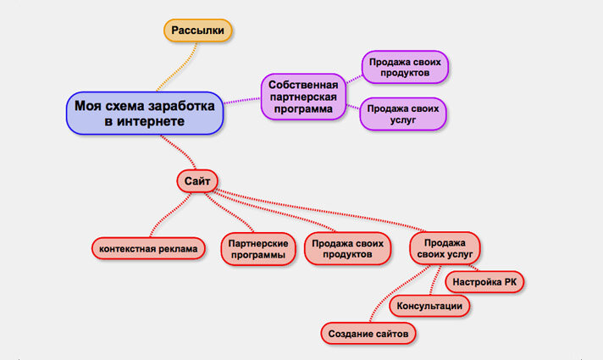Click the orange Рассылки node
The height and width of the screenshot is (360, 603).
pyautogui.click(x=197, y=30)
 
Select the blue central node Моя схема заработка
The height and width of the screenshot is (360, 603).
pyautogui.click(x=145, y=114)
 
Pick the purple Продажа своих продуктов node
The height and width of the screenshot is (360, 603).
pyautogui.click(x=405, y=67)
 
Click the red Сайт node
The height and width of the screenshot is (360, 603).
pyautogui.click(x=197, y=180)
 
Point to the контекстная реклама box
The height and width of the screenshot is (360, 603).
pyautogui.click(x=147, y=248)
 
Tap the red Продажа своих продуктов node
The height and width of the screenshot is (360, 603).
pyautogui.click(x=347, y=249)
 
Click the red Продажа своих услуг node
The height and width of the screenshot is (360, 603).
pyautogui.click(x=445, y=249)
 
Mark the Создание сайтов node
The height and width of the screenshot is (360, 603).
pyautogui.click(x=369, y=335)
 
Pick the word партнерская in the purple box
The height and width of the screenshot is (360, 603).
pyautogui.click(x=303, y=97)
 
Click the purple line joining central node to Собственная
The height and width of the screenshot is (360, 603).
pyautogui.click(x=242, y=101)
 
